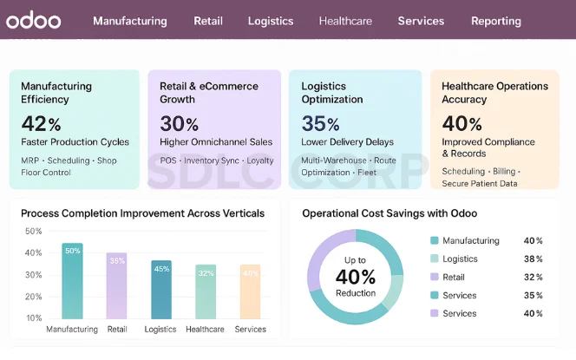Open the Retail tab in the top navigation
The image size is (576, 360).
[x=207, y=21]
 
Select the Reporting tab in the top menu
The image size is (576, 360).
[x=495, y=21]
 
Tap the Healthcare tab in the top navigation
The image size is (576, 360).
[x=345, y=21]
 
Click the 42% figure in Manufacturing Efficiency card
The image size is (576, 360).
[x=41, y=123]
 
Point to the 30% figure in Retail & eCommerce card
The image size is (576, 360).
[x=179, y=123]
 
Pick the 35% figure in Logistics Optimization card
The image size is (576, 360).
[x=320, y=123]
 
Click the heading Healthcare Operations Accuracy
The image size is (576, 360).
[x=494, y=93]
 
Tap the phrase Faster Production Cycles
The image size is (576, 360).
[x=75, y=141]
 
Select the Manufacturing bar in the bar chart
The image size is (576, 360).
[x=72, y=281]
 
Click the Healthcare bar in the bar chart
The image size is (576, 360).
[x=206, y=291]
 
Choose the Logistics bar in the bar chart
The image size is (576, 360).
[x=160, y=290]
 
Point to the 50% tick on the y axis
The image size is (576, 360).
[x=34, y=232]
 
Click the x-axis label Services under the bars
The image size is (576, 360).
[x=250, y=330]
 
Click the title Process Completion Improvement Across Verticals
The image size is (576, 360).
[x=143, y=213]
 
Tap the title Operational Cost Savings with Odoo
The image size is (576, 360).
[x=389, y=213]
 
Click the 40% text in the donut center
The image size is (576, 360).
[x=356, y=277]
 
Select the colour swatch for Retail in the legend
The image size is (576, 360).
[x=434, y=278]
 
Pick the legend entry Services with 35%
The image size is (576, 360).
[x=459, y=296]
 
